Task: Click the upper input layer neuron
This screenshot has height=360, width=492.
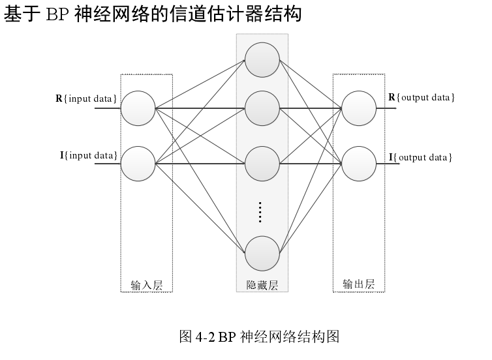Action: pos(138,108)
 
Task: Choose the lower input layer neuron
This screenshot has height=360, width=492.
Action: pos(138,163)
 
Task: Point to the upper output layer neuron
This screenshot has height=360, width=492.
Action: pos(359,108)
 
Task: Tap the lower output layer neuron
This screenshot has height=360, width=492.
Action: pos(359,163)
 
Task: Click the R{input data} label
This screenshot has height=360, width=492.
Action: pos(86,98)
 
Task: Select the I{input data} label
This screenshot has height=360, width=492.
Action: pos(89,155)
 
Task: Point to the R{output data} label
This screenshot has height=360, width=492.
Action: pos(422,98)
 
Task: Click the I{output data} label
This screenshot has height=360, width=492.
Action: pos(421,157)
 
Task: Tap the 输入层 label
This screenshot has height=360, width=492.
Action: pos(146,285)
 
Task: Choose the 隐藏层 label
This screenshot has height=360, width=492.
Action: pos(262,285)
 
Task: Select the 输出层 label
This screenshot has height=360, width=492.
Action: pos(359,284)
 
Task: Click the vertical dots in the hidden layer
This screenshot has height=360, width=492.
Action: pos(260,212)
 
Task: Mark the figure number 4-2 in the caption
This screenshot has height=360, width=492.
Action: pos(205,337)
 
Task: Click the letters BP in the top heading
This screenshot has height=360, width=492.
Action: pos(57,15)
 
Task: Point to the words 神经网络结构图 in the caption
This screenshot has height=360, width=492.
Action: pos(290,337)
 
